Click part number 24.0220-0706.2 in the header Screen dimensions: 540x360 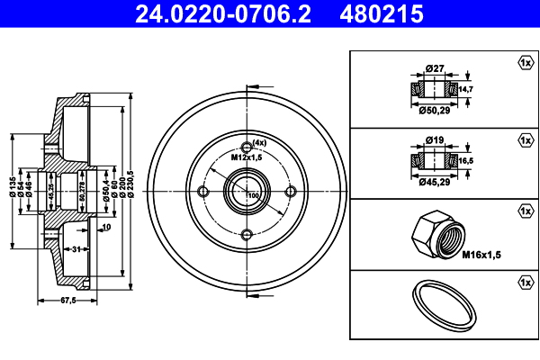pyautogui.click(x=223, y=14)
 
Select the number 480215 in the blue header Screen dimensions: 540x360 pyautogui.click(x=382, y=14)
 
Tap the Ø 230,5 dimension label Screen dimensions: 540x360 pyautogui.click(x=130, y=184)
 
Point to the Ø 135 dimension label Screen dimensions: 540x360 pyautogui.click(x=13, y=186)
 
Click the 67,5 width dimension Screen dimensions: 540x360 pyautogui.click(x=68, y=301)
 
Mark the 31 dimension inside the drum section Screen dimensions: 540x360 pyautogui.click(x=76, y=248)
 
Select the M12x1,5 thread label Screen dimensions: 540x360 pyautogui.click(x=247, y=157)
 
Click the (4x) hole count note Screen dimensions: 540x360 pyautogui.click(x=259, y=142)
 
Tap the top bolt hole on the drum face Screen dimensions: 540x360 pyautogui.click(x=247, y=148)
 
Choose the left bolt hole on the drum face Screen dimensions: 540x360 pyautogui.click(x=203, y=191)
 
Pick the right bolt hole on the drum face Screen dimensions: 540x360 pyautogui.click(x=291, y=191)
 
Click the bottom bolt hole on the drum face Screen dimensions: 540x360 pyautogui.click(x=247, y=235)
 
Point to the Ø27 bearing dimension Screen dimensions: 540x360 pyautogui.click(x=435, y=68)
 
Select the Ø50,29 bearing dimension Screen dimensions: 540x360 pyautogui.click(x=435, y=111)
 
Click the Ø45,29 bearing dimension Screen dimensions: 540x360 pyautogui.click(x=435, y=182)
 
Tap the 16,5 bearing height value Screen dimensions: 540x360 pyautogui.click(x=466, y=160)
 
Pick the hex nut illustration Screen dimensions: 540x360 pyautogui.click(x=438, y=235)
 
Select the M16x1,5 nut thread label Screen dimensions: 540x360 pyautogui.click(x=481, y=255)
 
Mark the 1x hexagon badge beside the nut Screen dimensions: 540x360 pyautogui.click(x=526, y=211)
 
